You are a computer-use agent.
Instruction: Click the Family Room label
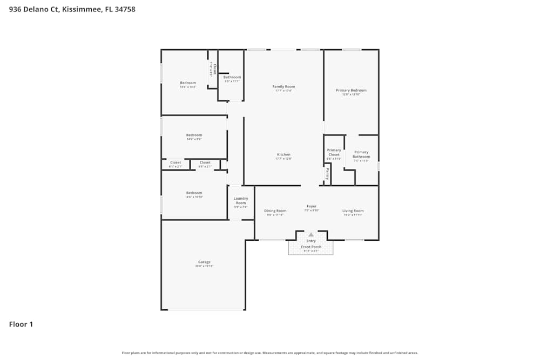pyautogui.click(x=283, y=86)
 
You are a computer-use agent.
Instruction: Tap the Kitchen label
pyautogui.click(x=283, y=154)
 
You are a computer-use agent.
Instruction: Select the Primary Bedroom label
pyautogui.click(x=351, y=90)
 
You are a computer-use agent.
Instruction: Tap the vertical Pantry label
pyautogui.click(x=327, y=174)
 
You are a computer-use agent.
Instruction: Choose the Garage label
pyautogui.click(x=204, y=262)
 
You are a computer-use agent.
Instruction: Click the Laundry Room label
pyautogui.click(x=240, y=201)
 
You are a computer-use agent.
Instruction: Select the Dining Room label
pyautogui.click(x=275, y=210)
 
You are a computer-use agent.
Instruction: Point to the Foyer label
pyautogui.click(x=312, y=206)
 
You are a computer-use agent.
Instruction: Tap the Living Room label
pyautogui.click(x=353, y=210)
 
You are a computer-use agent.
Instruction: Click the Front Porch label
pyautogui.click(x=311, y=247)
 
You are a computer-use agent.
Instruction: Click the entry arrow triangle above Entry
pyautogui.click(x=311, y=235)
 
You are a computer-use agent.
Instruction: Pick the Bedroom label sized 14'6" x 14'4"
pyautogui.click(x=188, y=83)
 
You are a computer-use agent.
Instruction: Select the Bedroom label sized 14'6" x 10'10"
pyautogui.click(x=194, y=193)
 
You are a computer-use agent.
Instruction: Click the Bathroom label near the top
pyautogui.click(x=232, y=77)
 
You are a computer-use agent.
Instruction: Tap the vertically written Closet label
pyautogui.click(x=214, y=69)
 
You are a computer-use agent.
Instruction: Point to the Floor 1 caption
pyautogui.click(x=21, y=324)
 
